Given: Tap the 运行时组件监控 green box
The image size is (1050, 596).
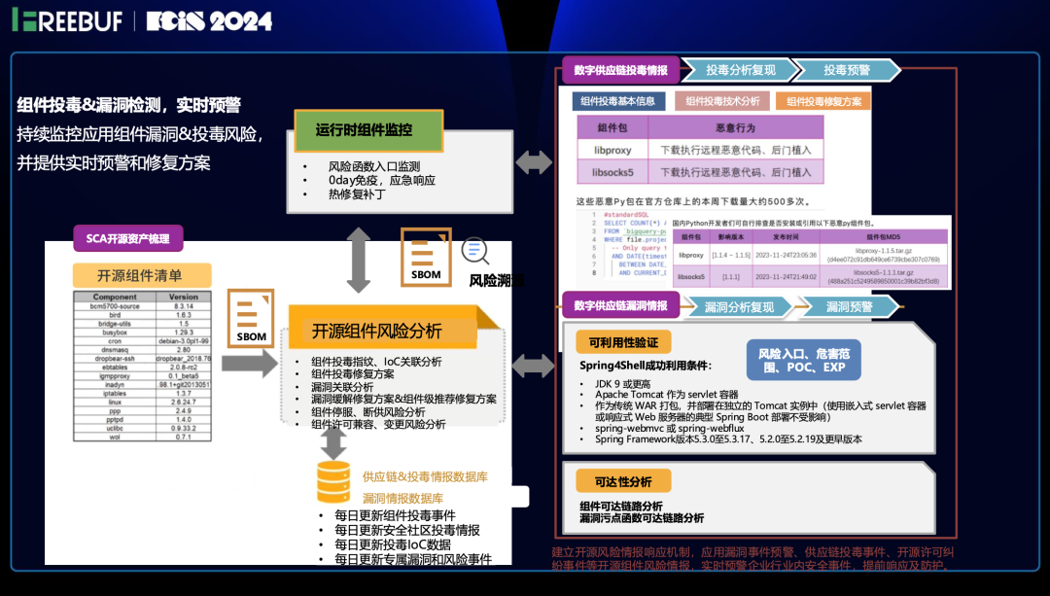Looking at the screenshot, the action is click(365, 129).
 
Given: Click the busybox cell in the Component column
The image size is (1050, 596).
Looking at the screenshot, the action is click(115, 333).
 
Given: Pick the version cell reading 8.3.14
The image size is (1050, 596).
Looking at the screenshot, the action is click(184, 306).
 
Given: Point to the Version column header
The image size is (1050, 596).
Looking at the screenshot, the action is click(184, 297).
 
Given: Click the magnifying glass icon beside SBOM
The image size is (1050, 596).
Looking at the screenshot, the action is click(475, 251).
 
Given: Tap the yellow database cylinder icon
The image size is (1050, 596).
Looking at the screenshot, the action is click(333, 481).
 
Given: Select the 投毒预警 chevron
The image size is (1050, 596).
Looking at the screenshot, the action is click(846, 70).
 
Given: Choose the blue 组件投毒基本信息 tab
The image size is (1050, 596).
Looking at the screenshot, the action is click(617, 101).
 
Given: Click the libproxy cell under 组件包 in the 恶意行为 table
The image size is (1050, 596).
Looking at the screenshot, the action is click(612, 150).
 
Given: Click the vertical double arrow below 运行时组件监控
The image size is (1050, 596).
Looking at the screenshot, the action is click(359, 260).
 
